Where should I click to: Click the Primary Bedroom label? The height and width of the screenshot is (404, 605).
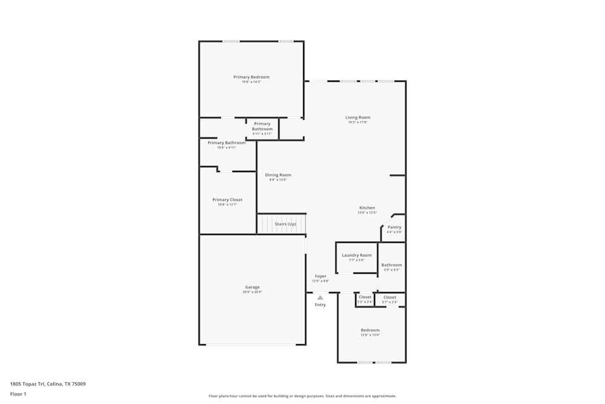(x=251, y=77)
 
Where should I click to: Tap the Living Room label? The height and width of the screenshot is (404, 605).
(x=358, y=118)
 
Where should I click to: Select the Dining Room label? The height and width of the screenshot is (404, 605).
(x=278, y=175)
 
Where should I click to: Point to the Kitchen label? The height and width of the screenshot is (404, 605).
(x=367, y=208)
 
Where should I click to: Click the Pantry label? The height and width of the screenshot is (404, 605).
(x=394, y=227)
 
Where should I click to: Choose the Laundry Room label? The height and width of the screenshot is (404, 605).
(x=356, y=255)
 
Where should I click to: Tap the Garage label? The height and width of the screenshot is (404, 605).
(x=252, y=287)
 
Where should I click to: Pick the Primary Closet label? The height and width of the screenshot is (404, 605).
(x=227, y=200)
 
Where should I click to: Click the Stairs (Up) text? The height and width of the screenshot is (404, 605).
(x=286, y=224)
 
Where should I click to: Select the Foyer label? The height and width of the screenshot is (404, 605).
(x=320, y=276)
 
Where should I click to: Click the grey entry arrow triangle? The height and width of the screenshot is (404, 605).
(x=320, y=297)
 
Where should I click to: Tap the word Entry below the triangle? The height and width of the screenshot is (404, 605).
(x=320, y=305)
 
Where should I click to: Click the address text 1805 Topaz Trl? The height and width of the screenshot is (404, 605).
(x=48, y=383)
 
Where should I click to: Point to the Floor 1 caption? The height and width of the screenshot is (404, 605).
(x=18, y=394)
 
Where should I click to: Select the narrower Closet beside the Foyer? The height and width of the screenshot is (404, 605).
(x=365, y=297)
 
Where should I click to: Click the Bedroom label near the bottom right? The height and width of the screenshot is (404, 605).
(x=370, y=330)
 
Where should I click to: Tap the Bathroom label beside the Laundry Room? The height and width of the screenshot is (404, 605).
(x=391, y=265)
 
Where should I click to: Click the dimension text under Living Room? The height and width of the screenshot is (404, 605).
(x=358, y=122)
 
